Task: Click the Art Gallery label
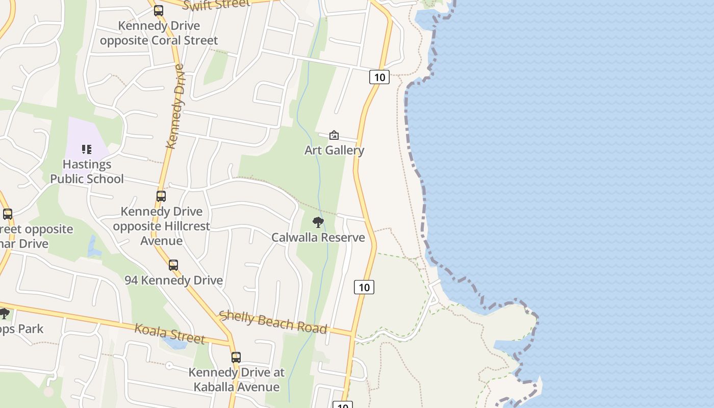pos(334,150)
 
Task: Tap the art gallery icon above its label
pos(334,135)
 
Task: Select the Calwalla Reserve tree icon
pos(318,222)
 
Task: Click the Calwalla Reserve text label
pos(318,237)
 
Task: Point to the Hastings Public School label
pos(87,171)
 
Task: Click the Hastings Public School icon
pos(87,149)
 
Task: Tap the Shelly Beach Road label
pos(273,322)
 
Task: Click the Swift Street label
pos(216,5)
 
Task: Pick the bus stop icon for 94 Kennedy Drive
pos(173,265)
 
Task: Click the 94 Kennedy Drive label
pos(173,280)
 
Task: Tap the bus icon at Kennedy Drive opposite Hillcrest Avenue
pos(161,196)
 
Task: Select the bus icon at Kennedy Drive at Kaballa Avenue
pos(236,357)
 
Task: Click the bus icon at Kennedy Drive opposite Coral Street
pos(159,11)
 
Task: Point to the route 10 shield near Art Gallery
pos(379,77)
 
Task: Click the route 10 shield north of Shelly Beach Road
pos(364,287)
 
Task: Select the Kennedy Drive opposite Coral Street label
pos(159,33)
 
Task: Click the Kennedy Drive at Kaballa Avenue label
pos(236,379)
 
